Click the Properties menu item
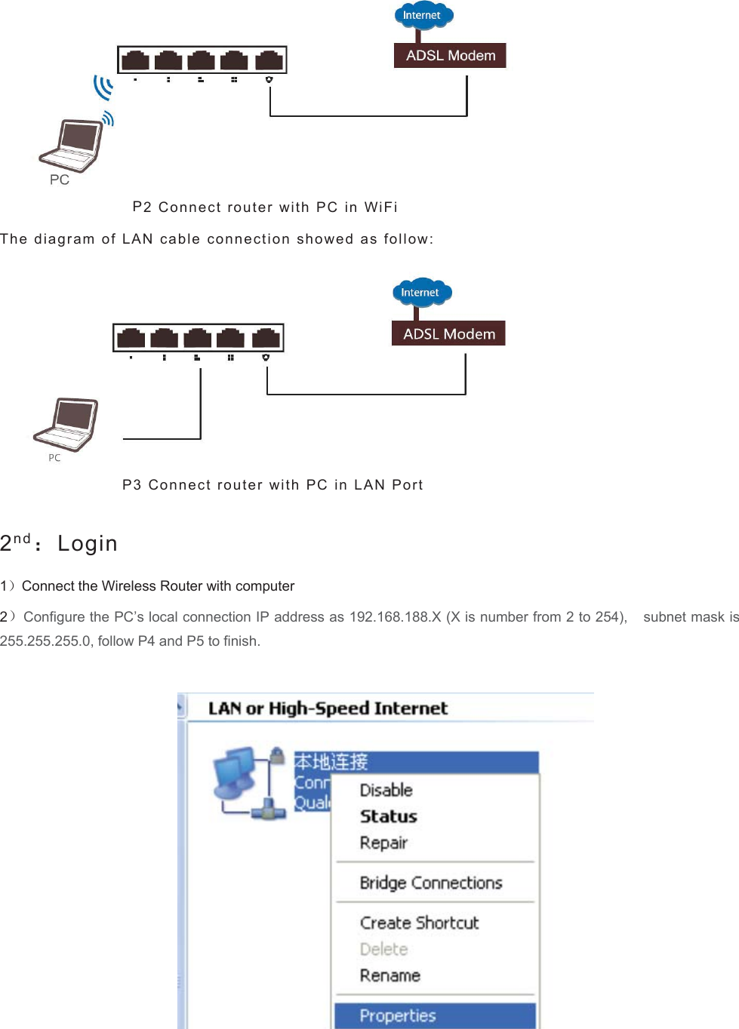(x=398, y=1015)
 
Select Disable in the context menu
(x=386, y=790)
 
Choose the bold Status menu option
(x=388, y=816)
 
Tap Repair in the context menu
(x=383, y=843)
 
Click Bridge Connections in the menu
(x=430, y=883)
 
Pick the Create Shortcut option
(x=419, y=923)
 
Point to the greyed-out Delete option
(x=383, y=949)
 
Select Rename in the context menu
(x=390, y=975)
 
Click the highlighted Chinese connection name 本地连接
(x=331, y=762)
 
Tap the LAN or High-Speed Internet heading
(x=328, y=708)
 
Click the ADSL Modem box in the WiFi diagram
(x=450, y=56)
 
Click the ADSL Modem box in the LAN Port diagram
(x=448, y=333)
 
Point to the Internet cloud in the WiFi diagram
(x=423, y=15)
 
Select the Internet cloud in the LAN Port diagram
(x=420, y=293)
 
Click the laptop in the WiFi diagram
(x=71, y=145)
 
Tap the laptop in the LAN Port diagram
(x=66, y=424)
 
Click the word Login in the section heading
(x=88, y=543)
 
